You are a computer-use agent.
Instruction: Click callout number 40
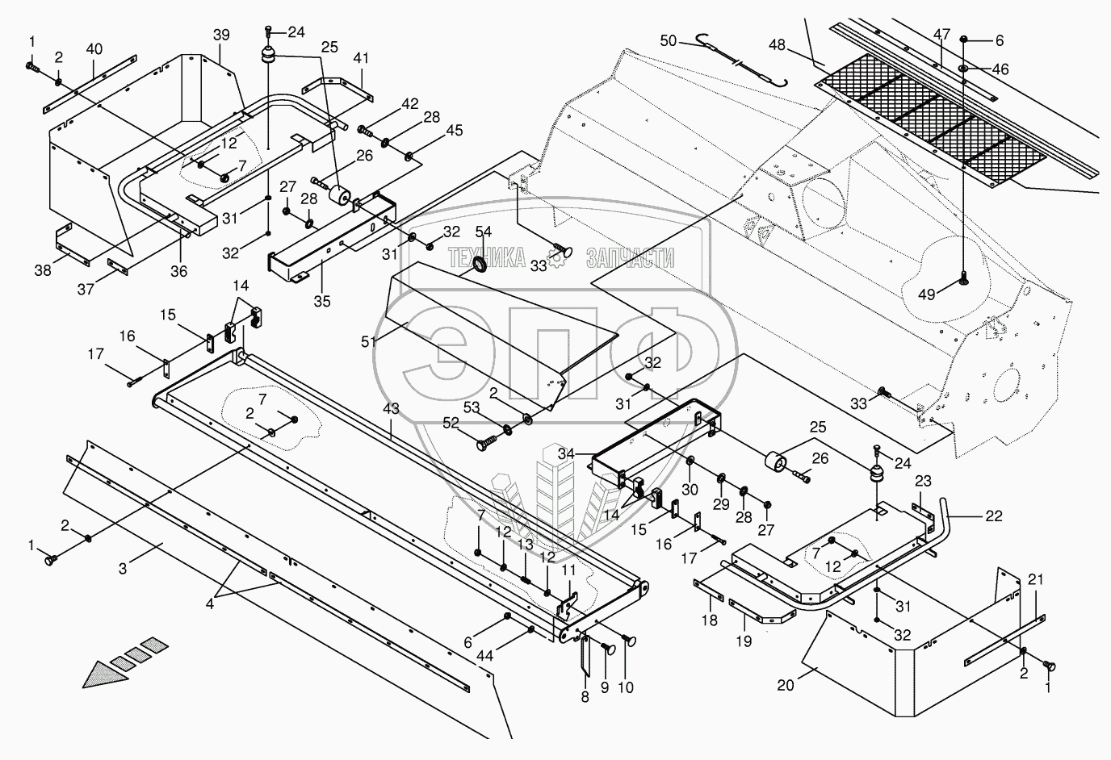94,49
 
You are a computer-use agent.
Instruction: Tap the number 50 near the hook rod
669,40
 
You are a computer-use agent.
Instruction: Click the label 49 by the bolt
927,294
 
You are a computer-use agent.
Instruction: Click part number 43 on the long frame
391,409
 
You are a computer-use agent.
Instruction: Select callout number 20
786,685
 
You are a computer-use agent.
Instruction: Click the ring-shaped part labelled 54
478,264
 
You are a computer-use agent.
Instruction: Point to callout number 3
123,570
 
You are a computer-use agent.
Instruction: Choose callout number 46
1000,69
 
